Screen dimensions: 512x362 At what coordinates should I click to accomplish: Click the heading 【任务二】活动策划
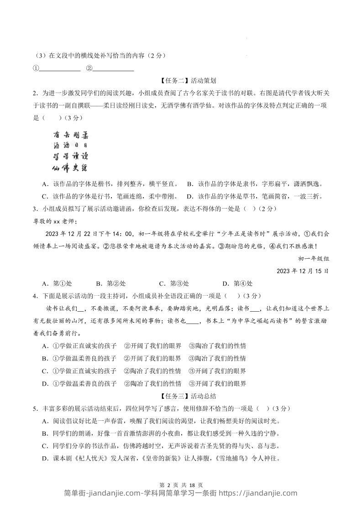(182, 81)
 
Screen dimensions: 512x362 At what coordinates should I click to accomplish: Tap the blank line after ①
(60, 69)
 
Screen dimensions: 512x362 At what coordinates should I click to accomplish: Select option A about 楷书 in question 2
(110, 184)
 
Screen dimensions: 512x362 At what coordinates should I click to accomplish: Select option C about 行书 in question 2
(110, 196)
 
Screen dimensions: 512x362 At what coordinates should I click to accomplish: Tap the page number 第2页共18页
(181, 485)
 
